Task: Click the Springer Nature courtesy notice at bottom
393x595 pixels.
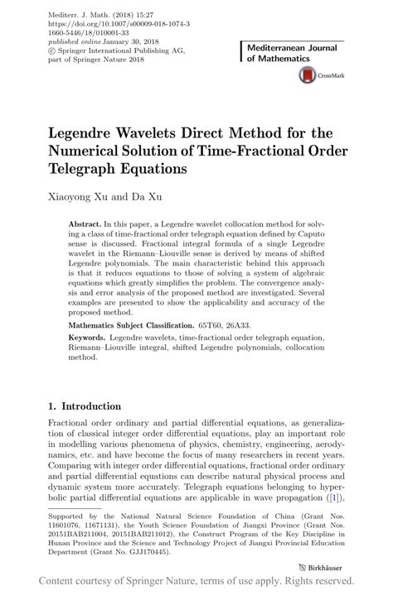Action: [x=196, y=583]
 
